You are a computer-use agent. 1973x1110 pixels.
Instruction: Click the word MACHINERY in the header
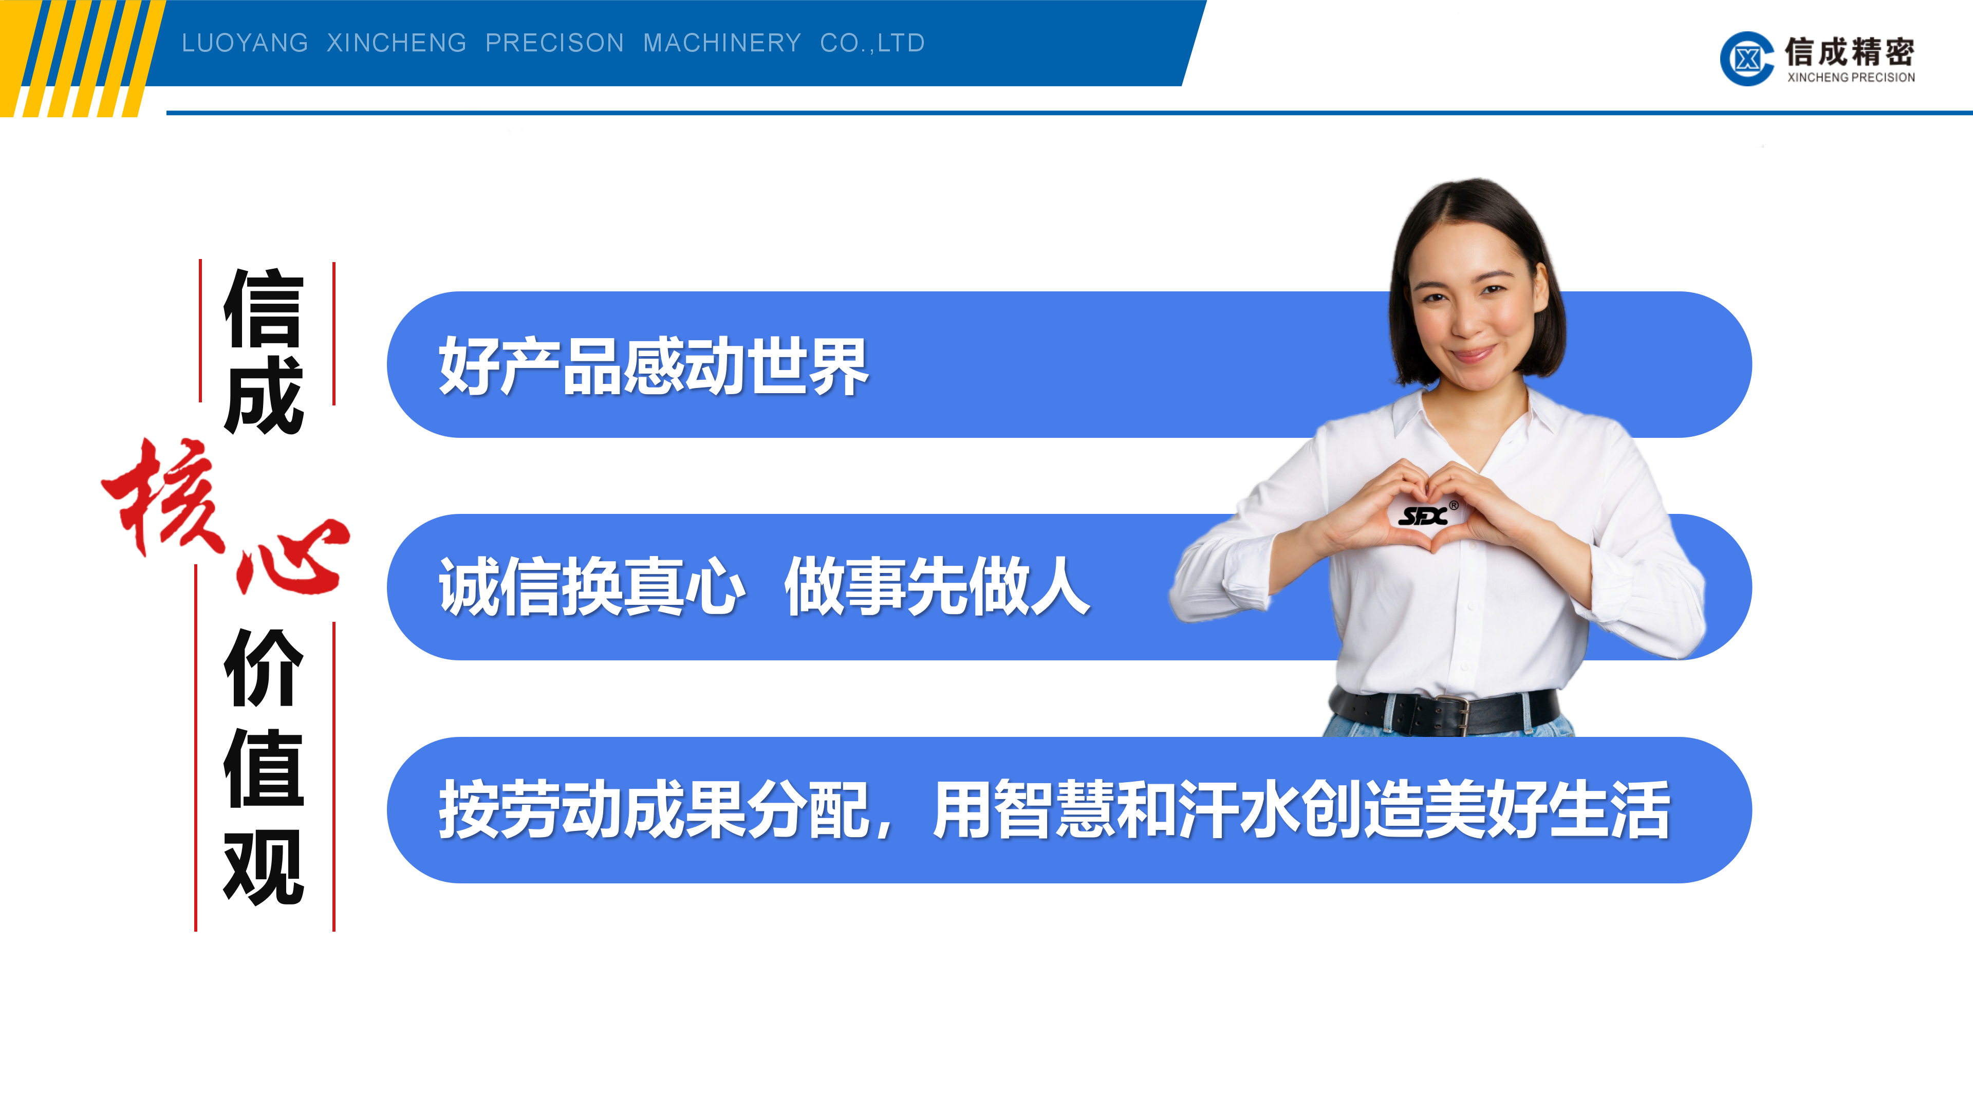pyautogui.click(x=721, y=43)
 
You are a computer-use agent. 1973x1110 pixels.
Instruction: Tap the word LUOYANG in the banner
pyautogui.click(x=245, y=43)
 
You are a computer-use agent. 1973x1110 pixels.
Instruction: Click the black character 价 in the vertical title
pyautogui.click(x=264, y=668)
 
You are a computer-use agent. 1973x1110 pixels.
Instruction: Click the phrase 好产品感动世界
pyautogui.click(x=654, y=367)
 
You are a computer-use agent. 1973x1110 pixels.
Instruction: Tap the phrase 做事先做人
pyautogui.click(x=937, y=587)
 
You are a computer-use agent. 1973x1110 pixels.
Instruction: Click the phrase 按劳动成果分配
pyautogui.click(x=654, y=810)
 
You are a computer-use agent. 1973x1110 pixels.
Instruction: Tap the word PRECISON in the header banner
pyautogui.click(x=554, y=43)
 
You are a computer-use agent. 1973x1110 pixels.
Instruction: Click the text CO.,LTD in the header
pyautogui.click(x=872, y=43)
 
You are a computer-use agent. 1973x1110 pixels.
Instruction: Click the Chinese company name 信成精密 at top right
pyautogui.click(x=1849, y=52)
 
